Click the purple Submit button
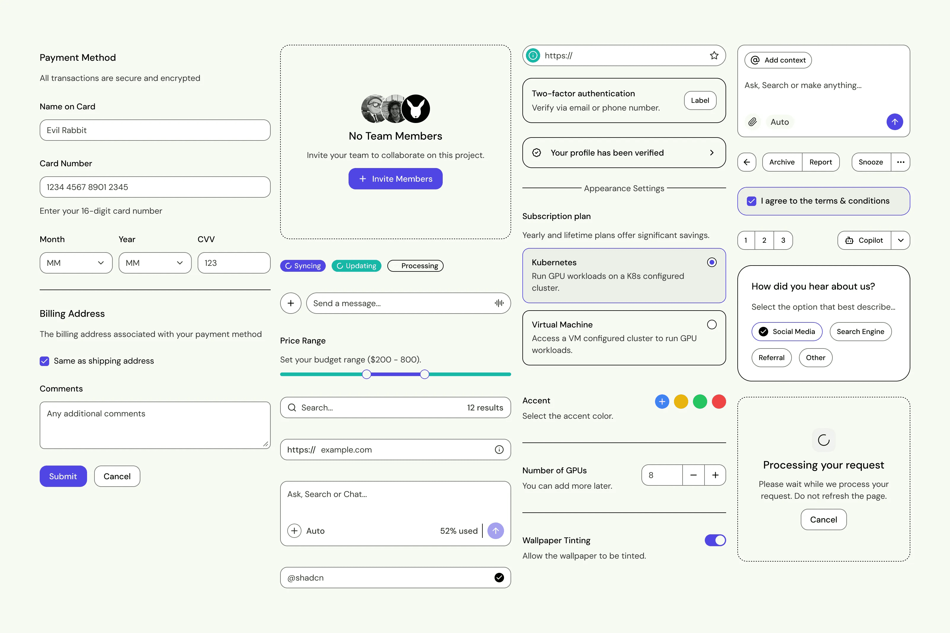click(63, 476)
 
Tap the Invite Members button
click(395, 179)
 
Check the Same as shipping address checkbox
click(44, 361)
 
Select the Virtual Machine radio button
click(712, 325)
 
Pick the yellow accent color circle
click(681, 402)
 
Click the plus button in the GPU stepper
click(715, 475)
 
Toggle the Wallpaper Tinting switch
click(715, 540)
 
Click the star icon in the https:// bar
click(714, 56)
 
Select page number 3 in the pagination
click(783, 241)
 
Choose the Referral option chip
click(771, 358)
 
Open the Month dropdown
click(76, 263)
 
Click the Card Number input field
click(155, 187)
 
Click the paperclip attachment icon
click(752, 122)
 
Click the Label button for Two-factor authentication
click(700, 100)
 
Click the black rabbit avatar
click(416, 108)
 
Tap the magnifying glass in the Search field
click(292, 408)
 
